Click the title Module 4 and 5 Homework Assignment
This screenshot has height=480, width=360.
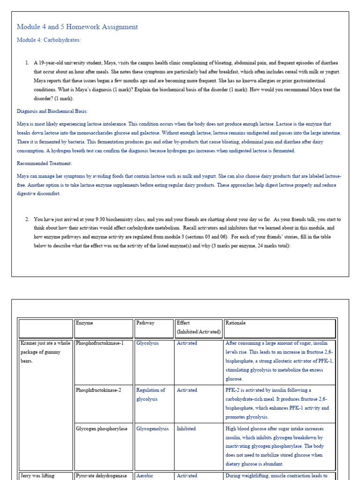77,27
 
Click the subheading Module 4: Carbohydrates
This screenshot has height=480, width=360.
49,40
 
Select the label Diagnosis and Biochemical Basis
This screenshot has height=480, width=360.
52,111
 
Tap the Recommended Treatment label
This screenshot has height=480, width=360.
44,163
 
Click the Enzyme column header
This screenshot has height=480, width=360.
84,323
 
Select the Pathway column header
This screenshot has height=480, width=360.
145,323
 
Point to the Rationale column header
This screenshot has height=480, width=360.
235,323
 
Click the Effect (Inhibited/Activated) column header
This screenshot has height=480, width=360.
198,327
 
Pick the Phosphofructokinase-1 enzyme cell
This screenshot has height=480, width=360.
100,343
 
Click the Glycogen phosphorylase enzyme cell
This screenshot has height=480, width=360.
101,428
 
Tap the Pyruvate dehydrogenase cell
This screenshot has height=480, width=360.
101,475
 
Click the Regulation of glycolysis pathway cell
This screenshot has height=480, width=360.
150,395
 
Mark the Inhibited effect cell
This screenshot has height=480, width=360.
186,428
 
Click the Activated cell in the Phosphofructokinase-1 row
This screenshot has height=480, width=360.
187,343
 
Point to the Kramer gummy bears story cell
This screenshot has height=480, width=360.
45,352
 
